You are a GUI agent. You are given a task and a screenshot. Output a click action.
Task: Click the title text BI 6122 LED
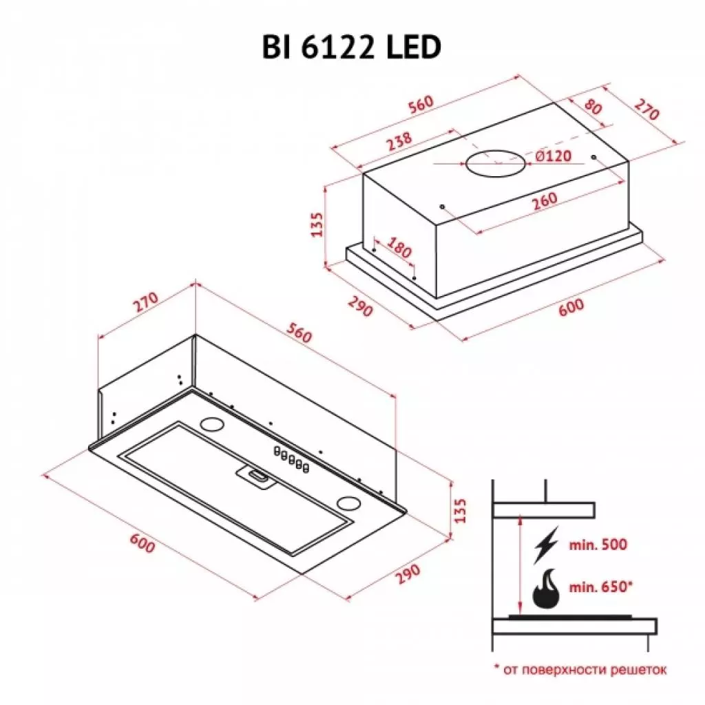pyautogui.click(x=350, y=48)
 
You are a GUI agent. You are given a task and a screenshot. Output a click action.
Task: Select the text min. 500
pyautogui.click(x=598, y=545)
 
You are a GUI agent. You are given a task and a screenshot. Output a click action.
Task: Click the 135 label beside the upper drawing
pyautogui.click(x=317, y=224)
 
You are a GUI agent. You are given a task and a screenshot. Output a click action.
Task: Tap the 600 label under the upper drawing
pyautogui.click(x=571, y=307)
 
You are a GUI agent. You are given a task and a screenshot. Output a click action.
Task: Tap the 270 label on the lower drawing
pyautogui.click(x=147, y=304)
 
